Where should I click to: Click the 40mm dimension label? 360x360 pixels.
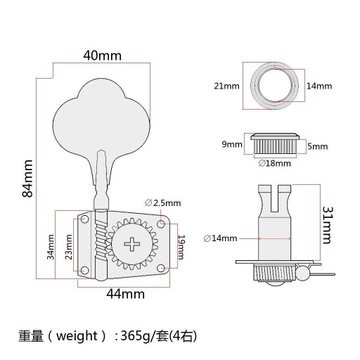(x=102, y=56)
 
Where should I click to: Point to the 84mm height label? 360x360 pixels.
(x=28, y=178)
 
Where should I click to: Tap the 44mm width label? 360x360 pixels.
(x=125, y=294)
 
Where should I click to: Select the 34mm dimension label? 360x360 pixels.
(x=50, y=247)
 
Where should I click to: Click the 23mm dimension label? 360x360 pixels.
(x=69, y=247)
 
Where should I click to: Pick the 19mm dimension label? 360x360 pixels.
(x=180, y=247)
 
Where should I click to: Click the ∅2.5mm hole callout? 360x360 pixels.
(x=163, y=203)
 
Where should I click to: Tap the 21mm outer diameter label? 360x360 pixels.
(x=227, y=86)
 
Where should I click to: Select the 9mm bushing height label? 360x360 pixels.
(x=231, y=145)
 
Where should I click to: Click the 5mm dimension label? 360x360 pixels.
(x=318, y=146)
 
